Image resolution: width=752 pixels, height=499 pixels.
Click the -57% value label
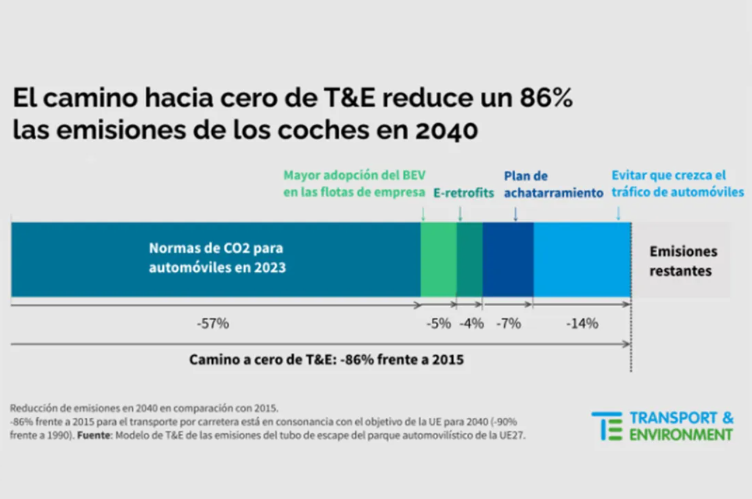coord(213,324)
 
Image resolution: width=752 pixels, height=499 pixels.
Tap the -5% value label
coord(438,324)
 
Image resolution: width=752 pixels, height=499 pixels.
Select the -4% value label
coord(471,324)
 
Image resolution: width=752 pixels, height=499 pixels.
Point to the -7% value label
coord(508,324)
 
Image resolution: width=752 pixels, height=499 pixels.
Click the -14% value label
coord(582,324)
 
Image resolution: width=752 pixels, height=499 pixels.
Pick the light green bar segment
coord(439,260)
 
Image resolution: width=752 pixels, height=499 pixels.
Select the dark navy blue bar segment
coord(508,260)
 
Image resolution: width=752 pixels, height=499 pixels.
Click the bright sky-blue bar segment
coord(582,260)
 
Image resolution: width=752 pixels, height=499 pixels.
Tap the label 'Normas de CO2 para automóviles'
coord(217,258)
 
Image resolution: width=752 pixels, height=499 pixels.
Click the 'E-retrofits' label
coord(463,193)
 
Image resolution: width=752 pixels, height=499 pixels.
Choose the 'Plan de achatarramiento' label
coord(553,185)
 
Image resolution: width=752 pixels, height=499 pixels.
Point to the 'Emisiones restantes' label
coord(682,261)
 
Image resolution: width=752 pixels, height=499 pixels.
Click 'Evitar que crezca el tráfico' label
coord(677,184)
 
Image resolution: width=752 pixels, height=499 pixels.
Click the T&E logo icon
coord(607,426)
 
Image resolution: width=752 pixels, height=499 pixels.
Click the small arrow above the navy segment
coord(515,214)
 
